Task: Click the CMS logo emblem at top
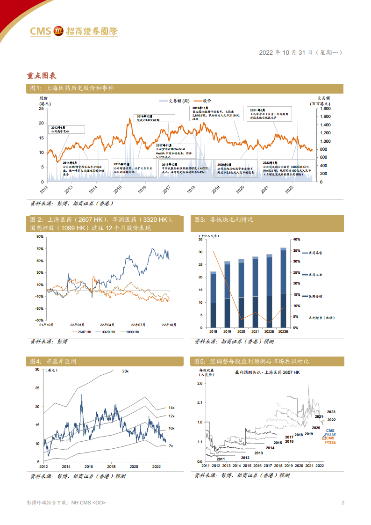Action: [59, 31]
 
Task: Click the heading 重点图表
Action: [42, 75]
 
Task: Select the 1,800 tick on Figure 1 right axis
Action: [324, 109]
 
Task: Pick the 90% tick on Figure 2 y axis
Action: [39, 237]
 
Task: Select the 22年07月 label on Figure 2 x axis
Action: [138, 324]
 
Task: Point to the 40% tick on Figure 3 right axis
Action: [296, 239]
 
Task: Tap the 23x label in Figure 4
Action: [125, 371]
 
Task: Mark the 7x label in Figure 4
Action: [171, 446]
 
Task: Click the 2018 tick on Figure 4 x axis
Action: [111, 467]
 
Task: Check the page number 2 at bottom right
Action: [343, 503]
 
